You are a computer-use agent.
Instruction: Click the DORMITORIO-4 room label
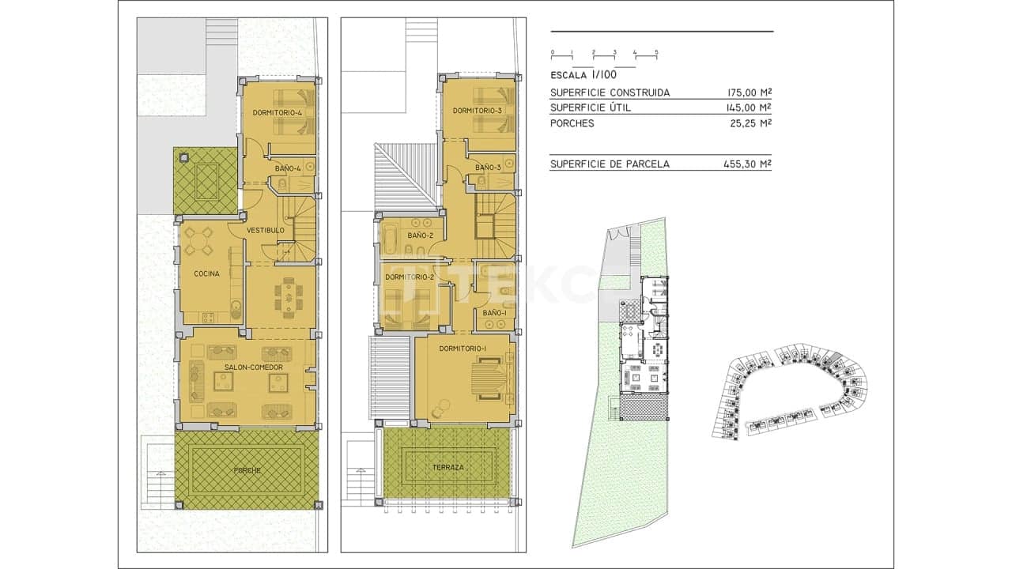point(278,113)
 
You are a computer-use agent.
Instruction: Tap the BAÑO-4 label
point(288,168)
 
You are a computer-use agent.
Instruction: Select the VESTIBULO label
point(265,230)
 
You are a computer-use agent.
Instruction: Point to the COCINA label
point(206,273)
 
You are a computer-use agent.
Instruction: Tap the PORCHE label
point(247,470)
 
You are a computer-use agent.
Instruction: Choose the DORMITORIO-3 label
point(478,111)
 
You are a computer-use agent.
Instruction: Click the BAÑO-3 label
point(488,167)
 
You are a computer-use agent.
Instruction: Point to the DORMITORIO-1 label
point(463,349)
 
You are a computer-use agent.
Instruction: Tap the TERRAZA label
point(447,467)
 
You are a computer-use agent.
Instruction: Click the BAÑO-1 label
point(494,314)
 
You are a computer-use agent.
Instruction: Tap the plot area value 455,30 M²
point(747,164)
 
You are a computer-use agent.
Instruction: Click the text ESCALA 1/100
point(582,75)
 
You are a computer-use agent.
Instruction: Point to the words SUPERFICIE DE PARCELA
point(610,164)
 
